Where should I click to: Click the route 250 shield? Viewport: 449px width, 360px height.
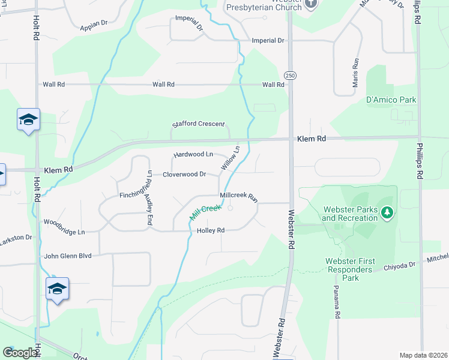click(289, 75)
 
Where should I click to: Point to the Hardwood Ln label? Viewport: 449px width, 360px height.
click(193, 155)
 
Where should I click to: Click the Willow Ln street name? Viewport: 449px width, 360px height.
click(231, 158)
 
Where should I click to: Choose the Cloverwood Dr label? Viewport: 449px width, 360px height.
click(184, 175)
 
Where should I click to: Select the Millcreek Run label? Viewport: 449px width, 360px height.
click(238, 196)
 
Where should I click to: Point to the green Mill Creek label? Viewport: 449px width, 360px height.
click(206, 213)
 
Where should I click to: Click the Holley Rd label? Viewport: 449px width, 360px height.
click(210, 230)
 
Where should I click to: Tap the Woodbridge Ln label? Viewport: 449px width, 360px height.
click(64, 231)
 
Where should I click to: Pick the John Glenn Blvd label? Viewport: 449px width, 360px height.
click(67, 256)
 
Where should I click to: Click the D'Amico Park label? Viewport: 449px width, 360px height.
click(391, 100)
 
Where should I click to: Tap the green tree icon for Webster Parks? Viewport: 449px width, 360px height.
click(388, 212)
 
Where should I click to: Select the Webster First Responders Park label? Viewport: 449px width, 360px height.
click(350, 269)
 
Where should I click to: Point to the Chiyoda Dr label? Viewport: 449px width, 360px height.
click(400, 266)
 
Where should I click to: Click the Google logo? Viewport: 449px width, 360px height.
click(20, 353)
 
